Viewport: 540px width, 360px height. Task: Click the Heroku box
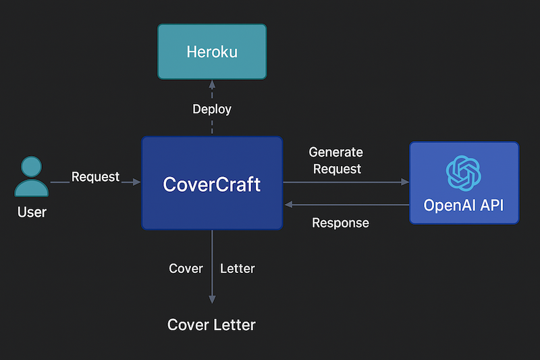[212, 52]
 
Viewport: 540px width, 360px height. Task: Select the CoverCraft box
[212, 183]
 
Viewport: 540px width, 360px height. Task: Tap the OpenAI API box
[464, 182]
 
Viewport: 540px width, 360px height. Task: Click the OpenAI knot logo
[464, 172]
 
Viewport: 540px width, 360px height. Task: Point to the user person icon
[31, 176]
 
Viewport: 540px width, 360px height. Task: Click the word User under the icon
[32, 212]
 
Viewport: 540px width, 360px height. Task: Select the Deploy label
[212, 109]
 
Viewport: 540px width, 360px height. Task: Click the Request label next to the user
[95, 177]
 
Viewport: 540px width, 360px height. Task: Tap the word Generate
[335, 152]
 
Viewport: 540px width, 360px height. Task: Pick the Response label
[340, 223]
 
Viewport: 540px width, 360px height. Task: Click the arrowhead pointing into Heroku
[212, 84]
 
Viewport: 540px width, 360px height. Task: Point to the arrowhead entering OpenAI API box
[405, 182]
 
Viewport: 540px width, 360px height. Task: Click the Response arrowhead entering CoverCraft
[288, 204]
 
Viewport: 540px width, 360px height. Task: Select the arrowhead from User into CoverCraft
[137, 182]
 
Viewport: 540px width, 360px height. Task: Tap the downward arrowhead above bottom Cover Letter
[212, 299]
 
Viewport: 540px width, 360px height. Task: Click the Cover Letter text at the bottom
[211, 325]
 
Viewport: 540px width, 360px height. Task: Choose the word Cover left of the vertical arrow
[186, 268]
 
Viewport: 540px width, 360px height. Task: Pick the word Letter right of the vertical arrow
[238, 268]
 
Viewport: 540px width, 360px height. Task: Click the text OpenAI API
[464, 205]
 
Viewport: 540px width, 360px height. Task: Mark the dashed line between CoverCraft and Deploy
[212, 126]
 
